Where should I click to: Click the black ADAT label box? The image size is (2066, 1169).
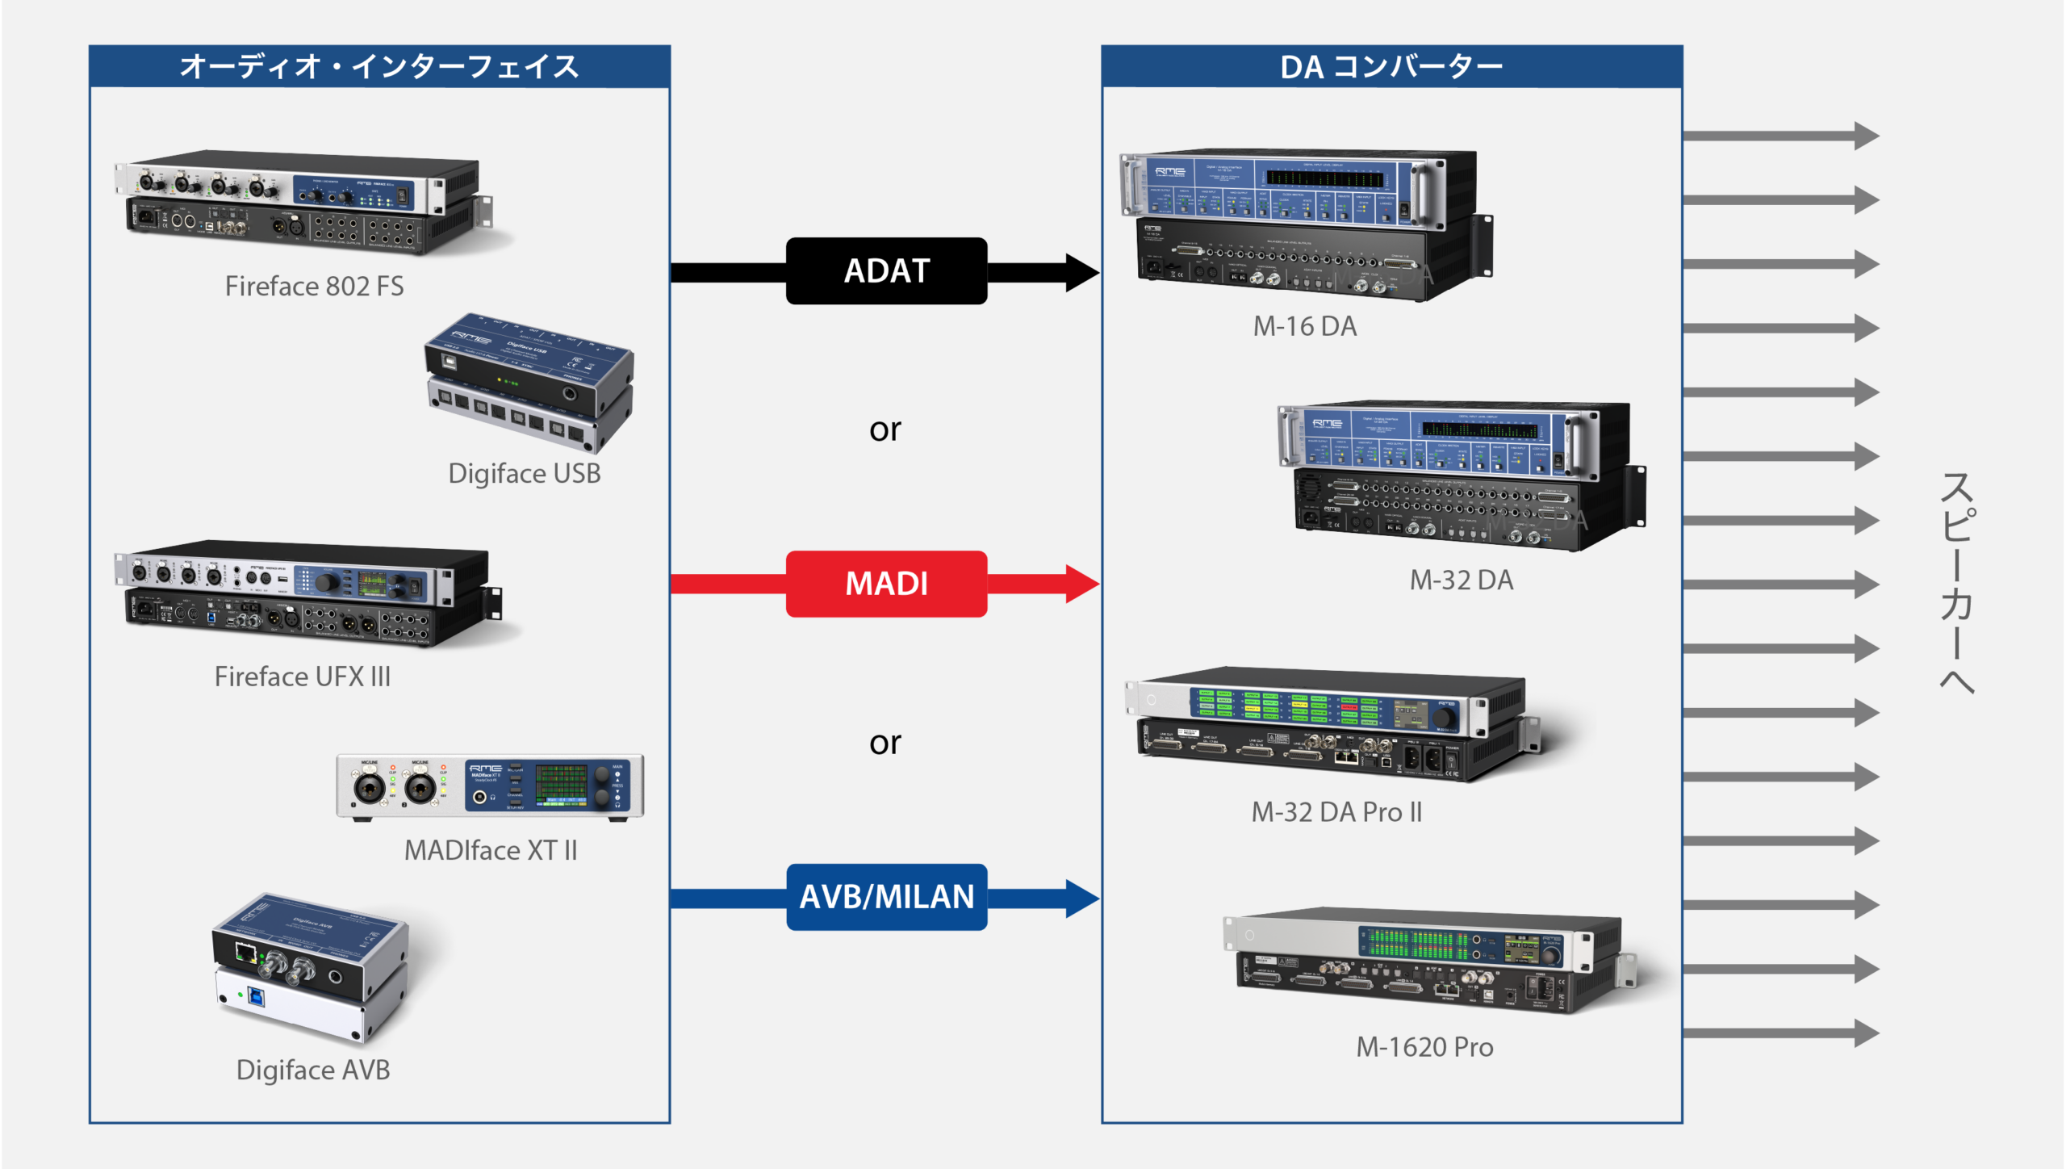pos(886,271)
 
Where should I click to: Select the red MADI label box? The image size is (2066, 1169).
pos(886,584)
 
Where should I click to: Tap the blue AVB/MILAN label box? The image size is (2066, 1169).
pos(886,897)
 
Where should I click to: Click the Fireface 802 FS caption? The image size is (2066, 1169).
pos(314,287)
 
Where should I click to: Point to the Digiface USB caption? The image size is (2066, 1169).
pos(525,474)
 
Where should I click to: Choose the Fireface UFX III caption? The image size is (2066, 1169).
pos(303,677)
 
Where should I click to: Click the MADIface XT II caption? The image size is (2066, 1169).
pos(491,850)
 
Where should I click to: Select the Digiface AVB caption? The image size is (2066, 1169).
pos(313,1070)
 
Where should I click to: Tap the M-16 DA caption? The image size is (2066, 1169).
pos(1305,326)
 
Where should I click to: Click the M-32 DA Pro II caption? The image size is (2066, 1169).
pos(1336,812)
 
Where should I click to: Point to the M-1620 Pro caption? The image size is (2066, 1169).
pos(1424,1047)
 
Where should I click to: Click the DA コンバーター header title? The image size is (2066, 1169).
pos(1391,67)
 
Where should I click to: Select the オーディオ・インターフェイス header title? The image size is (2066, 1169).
pos(379,67)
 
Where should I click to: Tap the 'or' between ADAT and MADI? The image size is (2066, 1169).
pos(885,429)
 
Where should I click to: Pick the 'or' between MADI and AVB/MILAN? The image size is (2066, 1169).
pos(885,743)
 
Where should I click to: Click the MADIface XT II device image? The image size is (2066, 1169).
pos(490,786)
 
